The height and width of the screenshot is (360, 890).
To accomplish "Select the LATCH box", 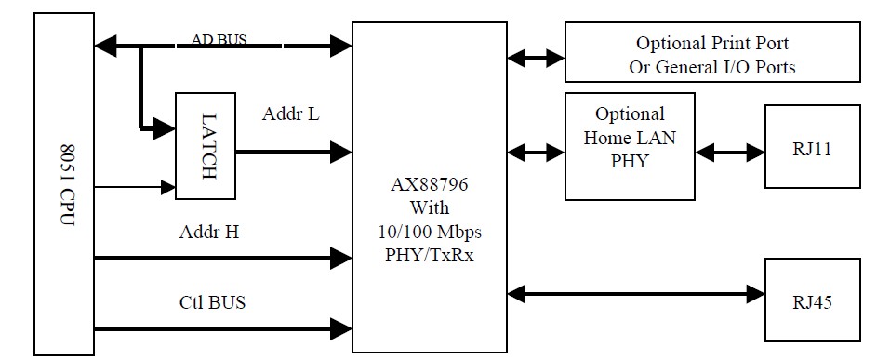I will click(206, 146).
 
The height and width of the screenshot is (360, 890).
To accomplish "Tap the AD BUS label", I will click(219, 41).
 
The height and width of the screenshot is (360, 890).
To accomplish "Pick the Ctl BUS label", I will click(212, 302).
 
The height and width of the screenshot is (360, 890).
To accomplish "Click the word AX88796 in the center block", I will click(430, 184).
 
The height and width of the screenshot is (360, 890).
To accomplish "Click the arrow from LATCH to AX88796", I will click(294, 150).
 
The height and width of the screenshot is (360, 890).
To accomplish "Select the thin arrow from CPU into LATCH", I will click(135, 187).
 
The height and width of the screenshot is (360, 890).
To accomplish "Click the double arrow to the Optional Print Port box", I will click(537, 58).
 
